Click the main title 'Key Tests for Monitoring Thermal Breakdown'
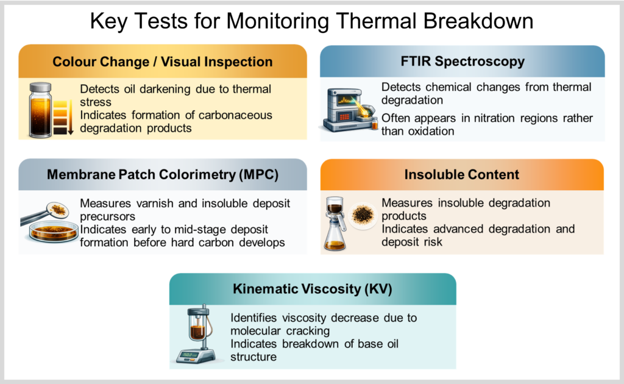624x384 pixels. pos(311,21)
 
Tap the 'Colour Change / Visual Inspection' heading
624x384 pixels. pos(162,62)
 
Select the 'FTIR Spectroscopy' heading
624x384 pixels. pos(463,62)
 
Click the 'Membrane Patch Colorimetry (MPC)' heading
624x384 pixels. pos(162,174)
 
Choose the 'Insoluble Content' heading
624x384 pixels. pos(462,174)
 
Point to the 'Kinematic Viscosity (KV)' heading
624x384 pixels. pos(313,288)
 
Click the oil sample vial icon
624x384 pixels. pos(40,110)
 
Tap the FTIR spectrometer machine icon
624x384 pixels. pos(349,110)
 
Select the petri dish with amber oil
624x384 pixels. pos(52,231)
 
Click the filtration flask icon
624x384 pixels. pos(335,224)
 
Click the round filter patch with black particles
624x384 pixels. pos(362,215)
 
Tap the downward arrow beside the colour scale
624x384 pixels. pos(71,118)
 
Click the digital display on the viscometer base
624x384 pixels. pos(190,355)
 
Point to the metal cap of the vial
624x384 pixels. pos(41,87)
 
